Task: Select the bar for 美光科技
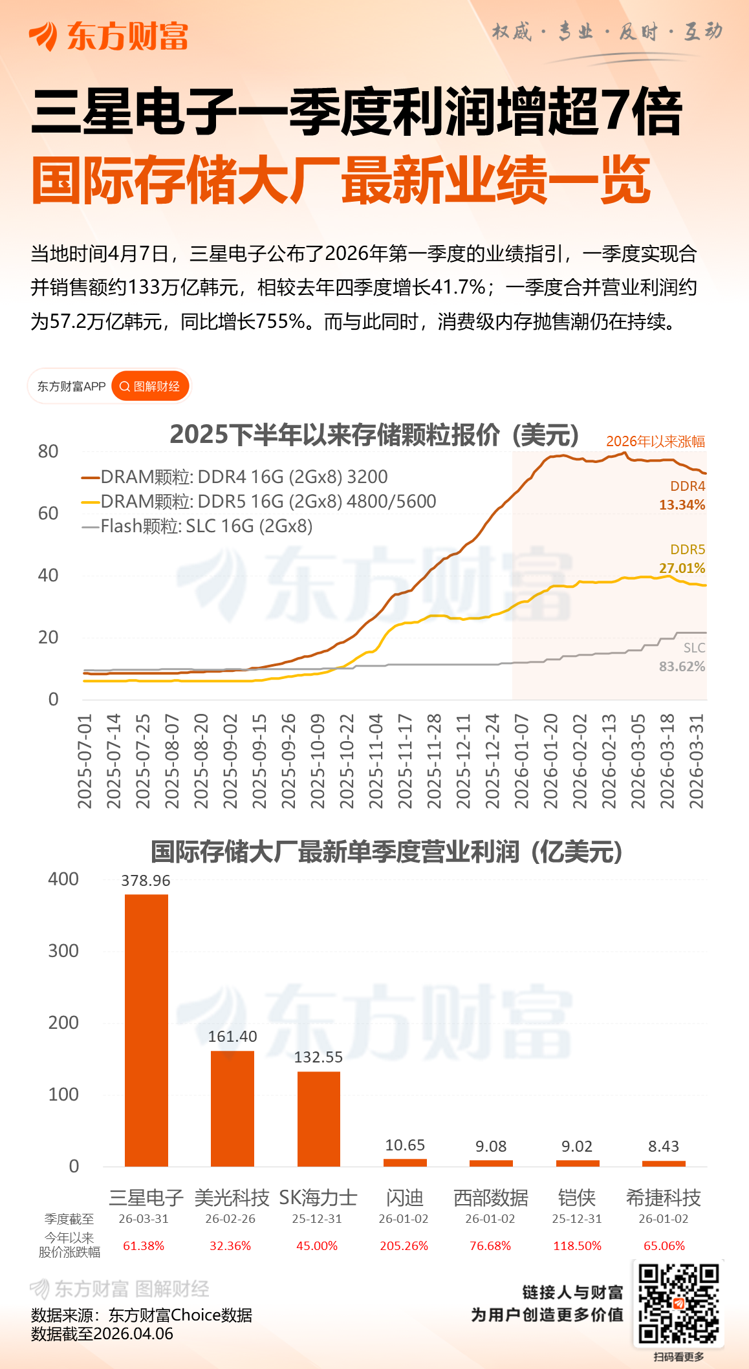[232, 1108]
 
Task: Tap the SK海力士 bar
[318, 1119]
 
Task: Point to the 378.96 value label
[146, 881]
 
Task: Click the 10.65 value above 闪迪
[405, 1145]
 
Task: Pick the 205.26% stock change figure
[404, 1245]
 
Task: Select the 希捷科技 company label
[663, 1198]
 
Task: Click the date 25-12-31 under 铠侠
[577, 1219]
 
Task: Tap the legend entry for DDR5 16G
[259, 501]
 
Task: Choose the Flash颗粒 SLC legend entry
[197, 526]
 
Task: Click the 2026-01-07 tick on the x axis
[521, 761]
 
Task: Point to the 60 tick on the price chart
[49, 513]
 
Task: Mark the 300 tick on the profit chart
[63, 951]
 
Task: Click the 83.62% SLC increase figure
[682, 666]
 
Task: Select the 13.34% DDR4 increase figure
[682, 504]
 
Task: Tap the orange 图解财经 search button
[151, 386]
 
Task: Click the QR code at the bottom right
[678, 1304]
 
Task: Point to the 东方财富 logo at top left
[108, 36]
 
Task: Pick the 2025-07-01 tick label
[85, 761]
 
